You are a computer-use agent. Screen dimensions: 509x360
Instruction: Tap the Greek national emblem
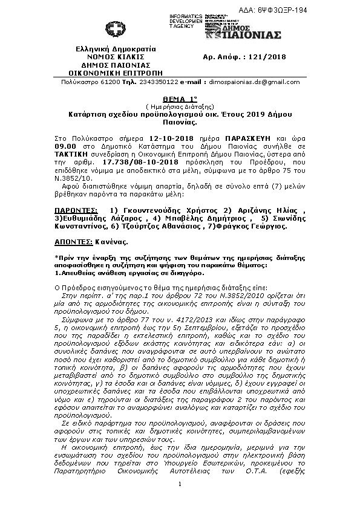tap(115, 30)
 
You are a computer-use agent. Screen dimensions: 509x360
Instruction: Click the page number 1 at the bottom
tap(180, 485)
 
